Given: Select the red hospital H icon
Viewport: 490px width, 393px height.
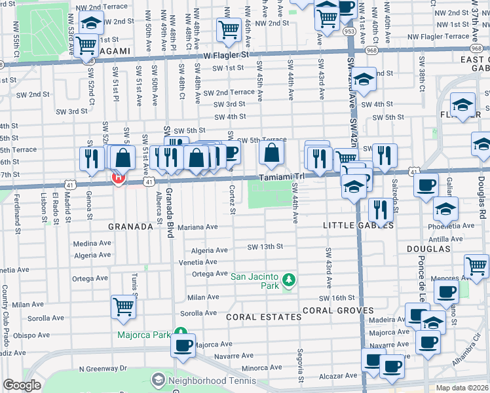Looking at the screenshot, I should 119,178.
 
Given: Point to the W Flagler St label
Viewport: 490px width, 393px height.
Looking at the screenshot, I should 227,56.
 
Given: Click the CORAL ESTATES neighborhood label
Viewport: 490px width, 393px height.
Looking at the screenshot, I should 264,317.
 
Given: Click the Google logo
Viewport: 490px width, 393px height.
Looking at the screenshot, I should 22,385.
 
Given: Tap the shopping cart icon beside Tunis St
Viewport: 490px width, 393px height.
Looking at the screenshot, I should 123,306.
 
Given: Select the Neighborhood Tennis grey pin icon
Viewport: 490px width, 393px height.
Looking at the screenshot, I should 158,380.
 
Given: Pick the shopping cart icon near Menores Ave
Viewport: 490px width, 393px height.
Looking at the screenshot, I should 476,265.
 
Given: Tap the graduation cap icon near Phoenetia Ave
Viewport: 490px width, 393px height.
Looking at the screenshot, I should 445,210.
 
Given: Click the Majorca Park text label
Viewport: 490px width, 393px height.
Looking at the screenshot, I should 143,335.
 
